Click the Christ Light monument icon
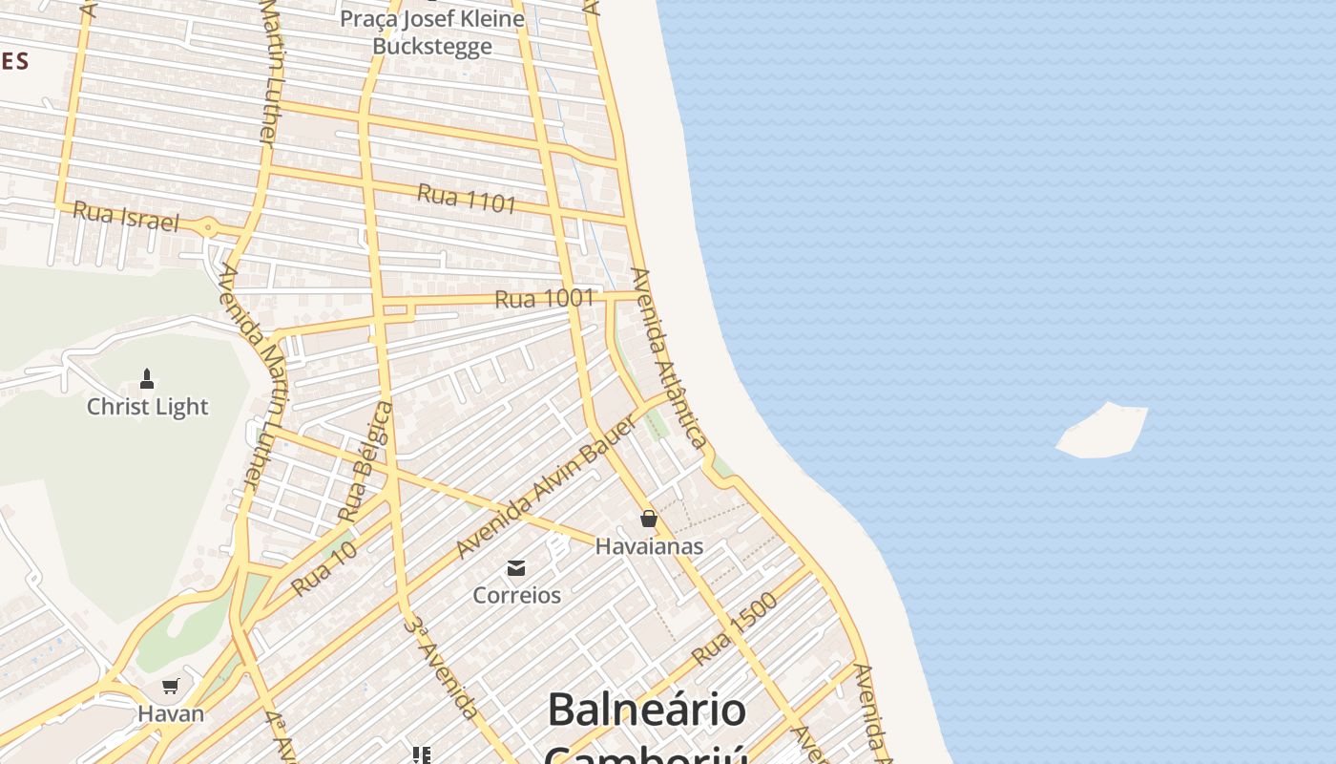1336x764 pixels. (x=147, y=379)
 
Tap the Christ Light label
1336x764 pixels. (x=147, y=407)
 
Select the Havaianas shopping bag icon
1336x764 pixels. (x=649, y=519)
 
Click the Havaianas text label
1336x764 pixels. (x=649, y=546)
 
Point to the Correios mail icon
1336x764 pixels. (x=516, y=568)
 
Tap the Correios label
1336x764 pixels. (x=517, y=595)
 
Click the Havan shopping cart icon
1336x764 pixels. (x=171, y=686)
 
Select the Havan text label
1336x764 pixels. (x=171, y=713)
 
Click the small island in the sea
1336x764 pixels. (x=1103, y=431)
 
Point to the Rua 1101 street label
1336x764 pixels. (x=467, y=199)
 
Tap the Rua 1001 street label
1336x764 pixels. (x=544, y=299)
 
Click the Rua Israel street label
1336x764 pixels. (x=126, y=217)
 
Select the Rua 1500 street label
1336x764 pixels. (x=735, y=628)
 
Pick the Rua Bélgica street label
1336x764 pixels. (x=366, y=461)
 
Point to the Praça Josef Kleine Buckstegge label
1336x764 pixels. (x=447, y=32)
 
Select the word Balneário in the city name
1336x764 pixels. (x=646, y=710)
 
